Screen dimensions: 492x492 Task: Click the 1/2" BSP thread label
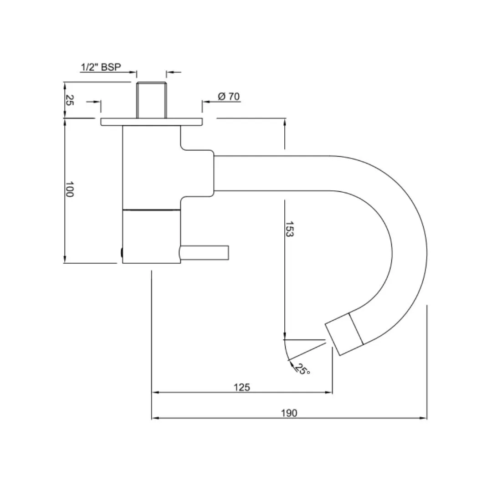(x=101, y=67)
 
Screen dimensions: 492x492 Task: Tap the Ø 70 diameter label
(x=229, y=96)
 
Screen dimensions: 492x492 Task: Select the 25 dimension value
(x=70, y=100)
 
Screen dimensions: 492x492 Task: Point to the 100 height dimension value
(x=70, y=189)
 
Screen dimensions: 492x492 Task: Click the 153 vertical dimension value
(x=289, y=229)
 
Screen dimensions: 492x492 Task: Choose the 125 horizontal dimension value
(x=241, y=387)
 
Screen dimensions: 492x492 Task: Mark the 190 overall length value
(x=289, y=413)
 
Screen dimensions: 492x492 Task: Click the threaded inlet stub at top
(x=152, y=100)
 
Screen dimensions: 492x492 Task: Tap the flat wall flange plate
(x=152, y=122)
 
